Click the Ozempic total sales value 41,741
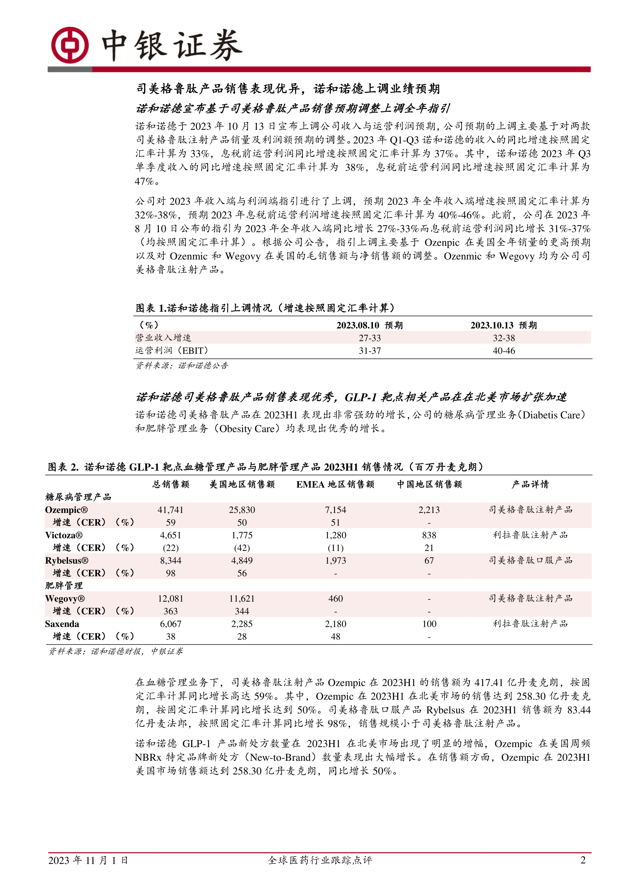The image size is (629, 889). (170, 510)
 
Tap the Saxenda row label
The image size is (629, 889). (62, 624)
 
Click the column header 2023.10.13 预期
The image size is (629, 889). (504, 325)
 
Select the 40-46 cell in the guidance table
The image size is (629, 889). (504, 351)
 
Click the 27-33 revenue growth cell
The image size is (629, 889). (369, 338)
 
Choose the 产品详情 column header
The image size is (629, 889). (530, 484)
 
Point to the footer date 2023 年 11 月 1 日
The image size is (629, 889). (88, 860)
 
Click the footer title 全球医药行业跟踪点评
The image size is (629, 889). (320, 860)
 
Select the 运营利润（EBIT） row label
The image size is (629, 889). (172, 351)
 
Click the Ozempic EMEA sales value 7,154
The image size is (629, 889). (335, 510)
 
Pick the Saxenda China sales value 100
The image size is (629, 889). (429, 624)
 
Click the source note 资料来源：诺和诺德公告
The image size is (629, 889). (182, 365)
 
